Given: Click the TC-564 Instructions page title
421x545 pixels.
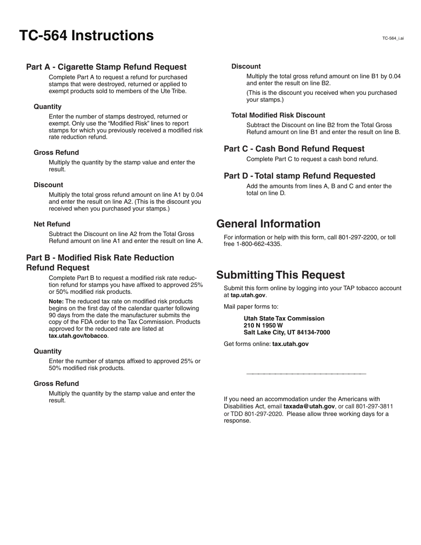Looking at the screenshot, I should [x=86, y=35].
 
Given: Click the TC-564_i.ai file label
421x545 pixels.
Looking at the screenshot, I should [x=393, y=39].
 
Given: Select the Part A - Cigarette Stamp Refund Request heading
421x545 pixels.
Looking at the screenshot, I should [x=106, y=67].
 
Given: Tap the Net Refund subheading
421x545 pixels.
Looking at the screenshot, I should [x=52, y=224].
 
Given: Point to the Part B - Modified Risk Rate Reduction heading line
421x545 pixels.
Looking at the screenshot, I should [x=100, y=258].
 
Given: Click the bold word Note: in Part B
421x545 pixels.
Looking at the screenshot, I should [x=56, y=301].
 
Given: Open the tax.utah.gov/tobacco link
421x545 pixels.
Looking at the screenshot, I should [x=78, y=336].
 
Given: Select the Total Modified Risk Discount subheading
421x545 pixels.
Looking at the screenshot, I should [x=278, y=115].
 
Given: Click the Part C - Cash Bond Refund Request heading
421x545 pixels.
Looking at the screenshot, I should [x=294, y=149].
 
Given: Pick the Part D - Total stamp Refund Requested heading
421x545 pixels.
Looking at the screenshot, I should [x=299, y=176].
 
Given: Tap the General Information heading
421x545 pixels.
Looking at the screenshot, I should [x=268, y=224].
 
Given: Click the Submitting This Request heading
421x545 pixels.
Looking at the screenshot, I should [x=280, y=275].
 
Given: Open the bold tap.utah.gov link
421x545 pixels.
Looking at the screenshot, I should [x=248, y=295].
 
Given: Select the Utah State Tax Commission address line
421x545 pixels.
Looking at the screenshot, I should [x=284, y=319].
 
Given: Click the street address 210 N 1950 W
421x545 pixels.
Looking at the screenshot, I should [x=263, y=326].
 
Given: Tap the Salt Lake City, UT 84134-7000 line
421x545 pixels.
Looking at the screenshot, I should [x=286, y=333].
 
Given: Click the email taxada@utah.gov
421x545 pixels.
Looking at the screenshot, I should [x=309, y=406].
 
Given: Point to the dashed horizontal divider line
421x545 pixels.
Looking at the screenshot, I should [x=306, y=374].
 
